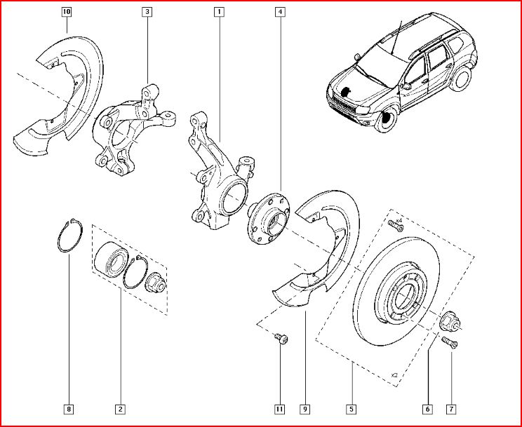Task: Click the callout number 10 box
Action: point(66,12)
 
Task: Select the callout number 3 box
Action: point(147,12)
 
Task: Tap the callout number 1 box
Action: point(220,12)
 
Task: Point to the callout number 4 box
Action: point(281,12)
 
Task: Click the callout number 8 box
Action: point(68,409)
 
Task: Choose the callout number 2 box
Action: point(120,409)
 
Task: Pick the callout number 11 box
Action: point(279,409)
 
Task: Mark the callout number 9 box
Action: point(306,409)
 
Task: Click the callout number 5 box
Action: point(351,409)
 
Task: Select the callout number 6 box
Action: point(426,409)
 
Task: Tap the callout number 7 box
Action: point(452,409)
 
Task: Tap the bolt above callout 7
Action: point(450,343)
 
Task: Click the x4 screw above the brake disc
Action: point(393,224)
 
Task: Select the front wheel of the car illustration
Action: point(384,121)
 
